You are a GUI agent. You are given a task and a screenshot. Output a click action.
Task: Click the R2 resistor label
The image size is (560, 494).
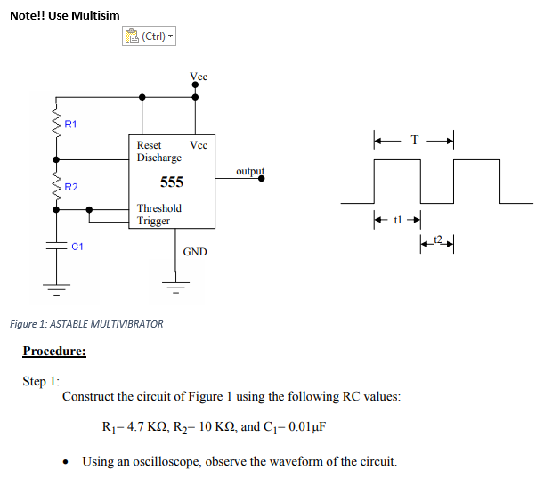(x=71, y=187)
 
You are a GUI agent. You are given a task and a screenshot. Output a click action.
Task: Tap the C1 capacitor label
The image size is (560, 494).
(x=77, y=247)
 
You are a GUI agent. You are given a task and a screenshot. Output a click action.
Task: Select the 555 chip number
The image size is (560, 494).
(x=171, y=182)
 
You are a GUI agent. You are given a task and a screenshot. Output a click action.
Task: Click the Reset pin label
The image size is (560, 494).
(x=150, y=144)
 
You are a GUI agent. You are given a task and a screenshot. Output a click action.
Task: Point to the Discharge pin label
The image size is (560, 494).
(x=159, y=158)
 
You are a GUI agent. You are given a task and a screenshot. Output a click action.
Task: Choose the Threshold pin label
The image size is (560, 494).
(x=159, y=208)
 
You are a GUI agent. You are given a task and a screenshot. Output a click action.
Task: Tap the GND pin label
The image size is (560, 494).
(x=195, y=252)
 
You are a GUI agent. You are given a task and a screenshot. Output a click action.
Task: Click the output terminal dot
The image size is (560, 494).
(x=261, y=178)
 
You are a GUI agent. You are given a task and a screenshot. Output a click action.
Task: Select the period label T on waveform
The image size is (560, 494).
(x=414, y=140)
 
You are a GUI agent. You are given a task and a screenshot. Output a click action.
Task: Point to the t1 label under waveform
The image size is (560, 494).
(x=397, y=219)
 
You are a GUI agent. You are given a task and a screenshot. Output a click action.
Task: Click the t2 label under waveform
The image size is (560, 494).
(x=436, y=239)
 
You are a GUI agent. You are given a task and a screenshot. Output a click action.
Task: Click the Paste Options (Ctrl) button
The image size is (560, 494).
(x=148, y=36)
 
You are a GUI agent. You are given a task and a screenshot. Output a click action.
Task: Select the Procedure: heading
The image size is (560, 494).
(x=54, y=351)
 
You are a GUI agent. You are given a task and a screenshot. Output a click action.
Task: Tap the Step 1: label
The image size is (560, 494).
(x=41, y=381)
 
